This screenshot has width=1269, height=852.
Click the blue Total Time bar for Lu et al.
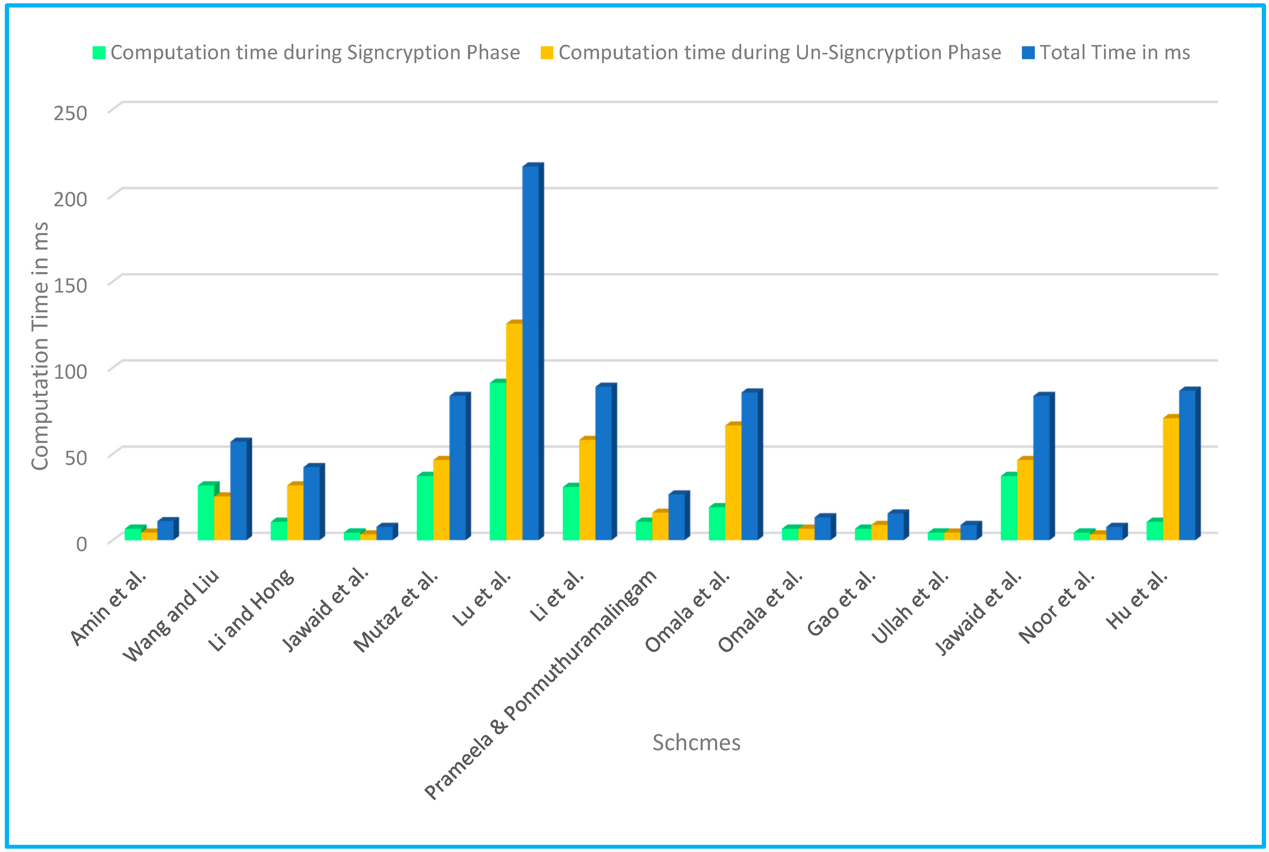pos(531,353)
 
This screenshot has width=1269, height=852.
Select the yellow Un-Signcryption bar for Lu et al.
pos(514,432)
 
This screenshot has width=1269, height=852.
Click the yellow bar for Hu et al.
pos(1171,478)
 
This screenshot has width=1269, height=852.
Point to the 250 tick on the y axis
pos(70,113)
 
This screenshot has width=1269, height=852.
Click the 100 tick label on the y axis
pos(70,372)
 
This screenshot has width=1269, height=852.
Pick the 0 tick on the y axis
pos(81,543)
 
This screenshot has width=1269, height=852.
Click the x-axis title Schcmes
pos(696,742)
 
